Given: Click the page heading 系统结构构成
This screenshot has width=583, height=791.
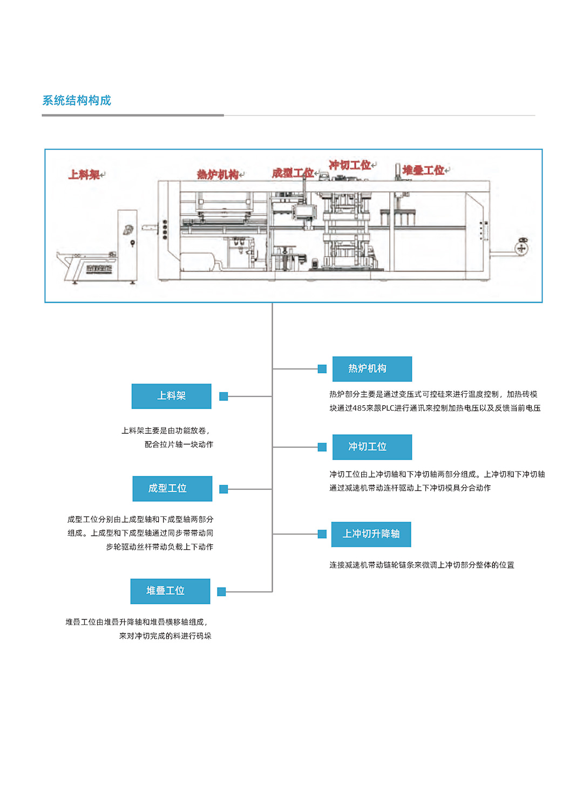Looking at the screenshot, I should (x=77, y=100).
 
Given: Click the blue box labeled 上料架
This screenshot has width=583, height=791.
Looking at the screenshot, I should (x=171, y=396).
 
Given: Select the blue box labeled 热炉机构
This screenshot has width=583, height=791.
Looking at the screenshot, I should (x=372, y=369).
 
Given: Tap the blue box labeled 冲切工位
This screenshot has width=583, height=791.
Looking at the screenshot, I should (x=372, y=447).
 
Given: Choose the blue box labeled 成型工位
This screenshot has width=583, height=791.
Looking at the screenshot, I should (x=172, y=488).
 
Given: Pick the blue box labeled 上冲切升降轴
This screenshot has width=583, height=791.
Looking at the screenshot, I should (x=371, y=534).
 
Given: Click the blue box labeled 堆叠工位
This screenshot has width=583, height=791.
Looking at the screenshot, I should (x=170, y=591).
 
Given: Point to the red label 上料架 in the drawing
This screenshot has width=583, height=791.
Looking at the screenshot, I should (x=84, y=175).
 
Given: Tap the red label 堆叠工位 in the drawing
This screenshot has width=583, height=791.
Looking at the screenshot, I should (x=423, y=171).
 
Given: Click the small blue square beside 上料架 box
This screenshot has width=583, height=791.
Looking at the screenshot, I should (x=223, y=397).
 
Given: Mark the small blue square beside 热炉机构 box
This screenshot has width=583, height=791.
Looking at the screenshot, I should (x=322, y=369).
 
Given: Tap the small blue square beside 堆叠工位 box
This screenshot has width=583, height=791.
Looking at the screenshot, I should (x=221, y=592).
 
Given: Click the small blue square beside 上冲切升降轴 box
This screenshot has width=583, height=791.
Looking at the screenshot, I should (x=322, y=534).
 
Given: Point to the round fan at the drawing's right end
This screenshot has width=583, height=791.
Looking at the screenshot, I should (x=521, y=248).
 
